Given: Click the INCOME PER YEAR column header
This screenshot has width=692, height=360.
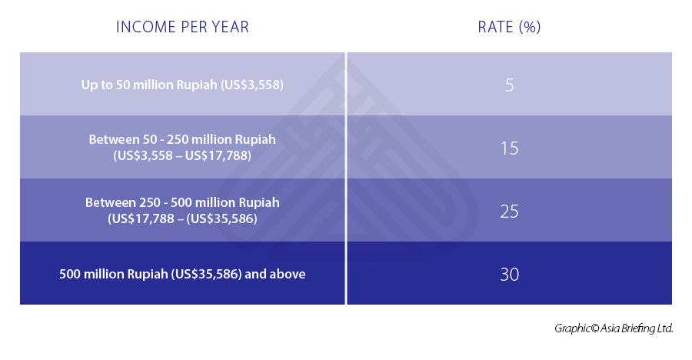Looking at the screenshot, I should (x=182, y=27).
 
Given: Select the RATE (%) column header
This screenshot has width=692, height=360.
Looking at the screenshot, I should (x=509, y=27).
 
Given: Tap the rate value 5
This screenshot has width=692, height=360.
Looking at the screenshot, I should (x=510, y=85).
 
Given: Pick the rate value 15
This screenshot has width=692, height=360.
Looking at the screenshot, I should (x=509, y=148).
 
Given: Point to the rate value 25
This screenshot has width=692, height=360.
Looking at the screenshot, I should (x=509, y=211).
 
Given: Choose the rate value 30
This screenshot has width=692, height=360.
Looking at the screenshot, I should (x=509, y=274).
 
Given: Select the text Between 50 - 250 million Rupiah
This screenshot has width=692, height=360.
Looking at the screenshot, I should (x=182, y=140).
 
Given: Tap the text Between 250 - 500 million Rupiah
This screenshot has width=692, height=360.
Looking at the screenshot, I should (x=182, y=203).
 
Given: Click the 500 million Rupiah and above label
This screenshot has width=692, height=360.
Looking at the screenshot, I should (x=182, y=274).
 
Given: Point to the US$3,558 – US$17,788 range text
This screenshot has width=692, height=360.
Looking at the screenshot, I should (x=182, y=155).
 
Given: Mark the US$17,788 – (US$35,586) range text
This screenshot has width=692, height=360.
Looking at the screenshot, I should (x=182, y=218).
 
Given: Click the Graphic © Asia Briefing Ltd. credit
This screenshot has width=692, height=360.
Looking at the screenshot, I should (x=614, y=328).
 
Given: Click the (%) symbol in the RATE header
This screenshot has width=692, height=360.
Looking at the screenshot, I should (x=529, y=27).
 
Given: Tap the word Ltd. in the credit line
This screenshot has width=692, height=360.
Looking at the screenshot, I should (x=664, y=328).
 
